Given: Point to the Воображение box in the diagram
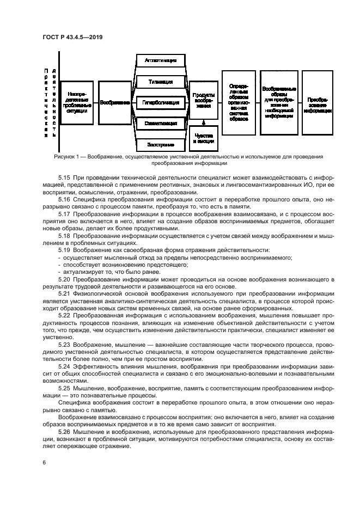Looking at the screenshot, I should pos(115,102).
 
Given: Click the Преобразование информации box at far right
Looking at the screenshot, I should pos(318,102).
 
